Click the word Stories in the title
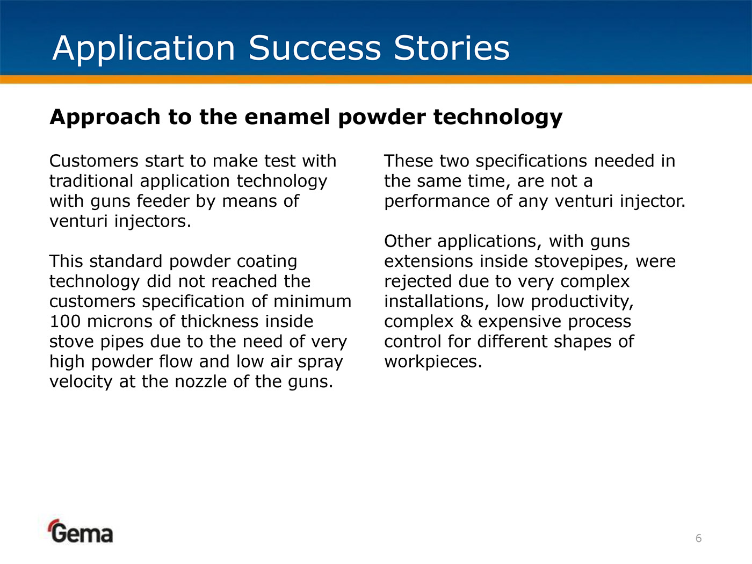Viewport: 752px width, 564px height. pos(452,48)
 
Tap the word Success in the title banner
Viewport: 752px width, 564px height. pos(315,48)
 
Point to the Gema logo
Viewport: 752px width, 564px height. pos(80,531)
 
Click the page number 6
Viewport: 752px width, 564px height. pos(699,538)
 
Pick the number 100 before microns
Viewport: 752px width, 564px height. pos(65,322)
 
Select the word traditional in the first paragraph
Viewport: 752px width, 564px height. pos(91,181)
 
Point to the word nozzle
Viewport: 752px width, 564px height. pos(201,381)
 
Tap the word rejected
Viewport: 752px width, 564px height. pos(418,282)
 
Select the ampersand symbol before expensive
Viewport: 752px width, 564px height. pos(466,322)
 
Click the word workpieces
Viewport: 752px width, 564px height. pos(433,362)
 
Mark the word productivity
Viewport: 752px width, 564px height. pos(582,302)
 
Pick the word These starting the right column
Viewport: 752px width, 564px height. pos(408,161)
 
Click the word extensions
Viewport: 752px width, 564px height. pos(429,262)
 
